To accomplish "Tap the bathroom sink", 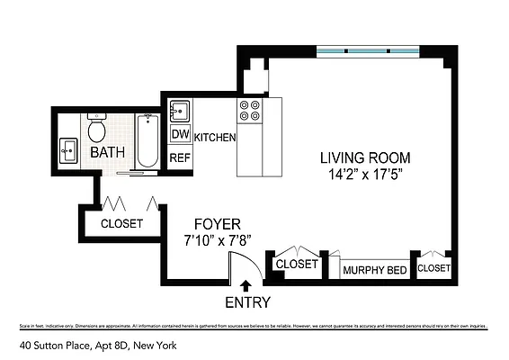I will click(x=68, y=150).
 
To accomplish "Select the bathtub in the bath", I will click(x=147, y=140).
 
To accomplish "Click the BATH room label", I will click(x=108, y=154).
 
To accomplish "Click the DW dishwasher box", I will click(x=180, y=135).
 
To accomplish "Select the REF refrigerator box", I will click(x=180, y=157).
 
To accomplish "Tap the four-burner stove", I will click(x=249, y=111).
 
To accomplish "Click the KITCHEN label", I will click(x=215, y=138).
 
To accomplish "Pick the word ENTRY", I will click(x=246, y=302).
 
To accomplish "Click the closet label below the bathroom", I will click(x=121, y=223).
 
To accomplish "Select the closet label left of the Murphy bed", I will click(x=297, y=264).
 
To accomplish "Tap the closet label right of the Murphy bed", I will click(x=433, y=267).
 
